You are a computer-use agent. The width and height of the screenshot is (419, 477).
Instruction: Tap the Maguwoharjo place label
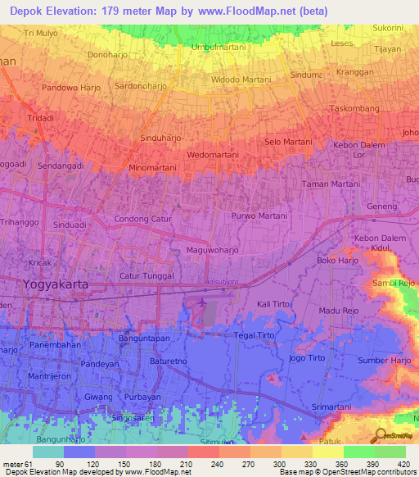(x=212, y=249)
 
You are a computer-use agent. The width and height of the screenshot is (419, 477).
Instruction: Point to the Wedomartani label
(x=213, y=154)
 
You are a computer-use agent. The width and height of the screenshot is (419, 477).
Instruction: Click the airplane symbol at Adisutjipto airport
(x=201, y=303)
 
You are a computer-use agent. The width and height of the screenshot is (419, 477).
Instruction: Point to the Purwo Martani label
(x=259, y=216)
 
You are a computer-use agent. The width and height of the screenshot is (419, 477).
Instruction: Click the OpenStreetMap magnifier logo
(x=378, y=434)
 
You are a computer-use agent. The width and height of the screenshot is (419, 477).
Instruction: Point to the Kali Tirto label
(x=275, y=304)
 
